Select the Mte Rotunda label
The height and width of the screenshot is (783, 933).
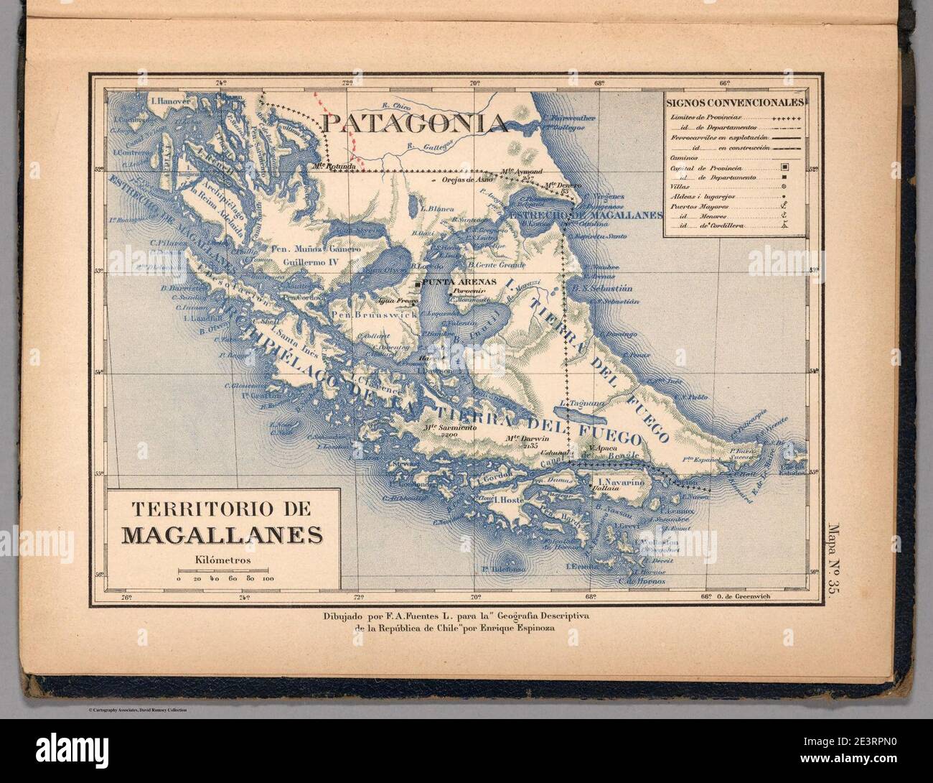(x=334, y=167)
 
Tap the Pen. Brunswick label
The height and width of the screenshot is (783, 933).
(x=366, y=315)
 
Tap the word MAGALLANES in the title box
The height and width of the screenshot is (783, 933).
(x=222, y=534)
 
